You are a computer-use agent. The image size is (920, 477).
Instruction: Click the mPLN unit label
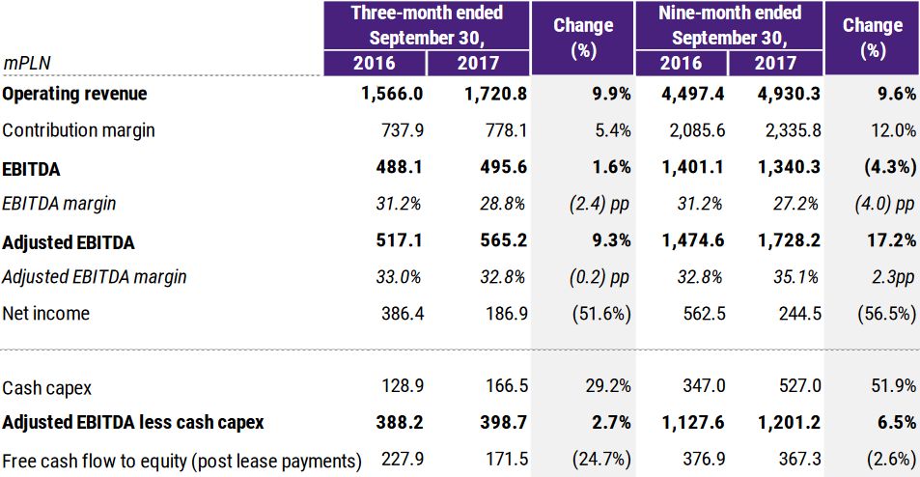[27, 63]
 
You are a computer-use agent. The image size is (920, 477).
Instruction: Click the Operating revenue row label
[75, 94]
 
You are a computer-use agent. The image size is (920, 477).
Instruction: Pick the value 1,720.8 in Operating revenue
[495, 94]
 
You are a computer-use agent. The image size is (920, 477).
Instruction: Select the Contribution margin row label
[79, 130]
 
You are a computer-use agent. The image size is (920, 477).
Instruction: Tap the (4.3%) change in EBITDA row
[886, 167]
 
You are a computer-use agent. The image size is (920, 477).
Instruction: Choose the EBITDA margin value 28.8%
[502, 204]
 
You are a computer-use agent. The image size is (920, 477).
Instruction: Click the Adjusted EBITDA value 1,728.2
[789, 240]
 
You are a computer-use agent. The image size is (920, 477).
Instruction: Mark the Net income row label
[46, 313]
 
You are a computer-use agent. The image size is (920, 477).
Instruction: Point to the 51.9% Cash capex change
[893, 386]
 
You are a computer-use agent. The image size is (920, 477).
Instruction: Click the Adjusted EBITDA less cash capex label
[133, 422]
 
